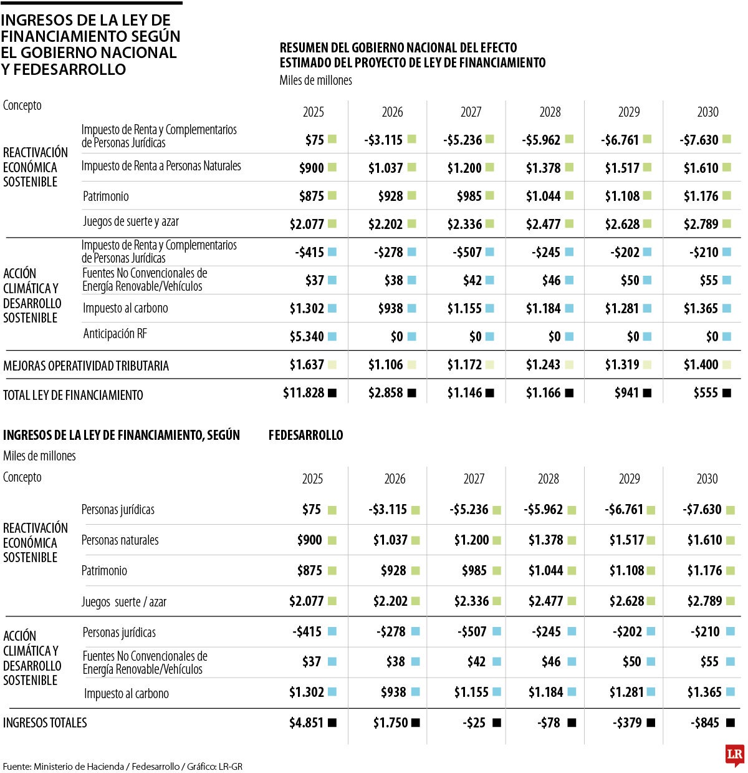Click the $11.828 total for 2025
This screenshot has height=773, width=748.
pos(304,393)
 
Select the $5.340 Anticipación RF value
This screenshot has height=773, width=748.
pos(307,337)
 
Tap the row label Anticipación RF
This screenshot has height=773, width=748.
pos(115,334)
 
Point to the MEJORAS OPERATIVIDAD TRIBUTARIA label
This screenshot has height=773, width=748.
pos(86,366)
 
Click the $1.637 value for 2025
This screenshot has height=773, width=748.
pos(307,365)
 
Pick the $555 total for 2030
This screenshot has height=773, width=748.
pos(706,393)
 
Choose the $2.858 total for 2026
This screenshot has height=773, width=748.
pos(386,393)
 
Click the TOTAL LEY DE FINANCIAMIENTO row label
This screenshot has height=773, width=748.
pos(73,395)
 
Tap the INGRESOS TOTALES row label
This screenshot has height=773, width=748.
pos(45,723)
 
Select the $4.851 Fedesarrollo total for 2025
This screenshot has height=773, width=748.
pos(306,723)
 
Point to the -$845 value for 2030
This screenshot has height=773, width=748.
pos(704,723)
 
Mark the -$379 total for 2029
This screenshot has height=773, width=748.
pos(627,723)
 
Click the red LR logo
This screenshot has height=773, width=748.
pos(735,755)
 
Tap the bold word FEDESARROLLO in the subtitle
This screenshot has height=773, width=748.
pos(305,435)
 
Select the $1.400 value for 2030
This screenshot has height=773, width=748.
pos(701,365)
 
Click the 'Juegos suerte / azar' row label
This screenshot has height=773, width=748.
pos(124,602)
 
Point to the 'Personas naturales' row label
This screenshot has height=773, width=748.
pos(120,540)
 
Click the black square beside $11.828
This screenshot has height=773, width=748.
pos(332,393)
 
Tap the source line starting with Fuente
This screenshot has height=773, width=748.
pos(123,766)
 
